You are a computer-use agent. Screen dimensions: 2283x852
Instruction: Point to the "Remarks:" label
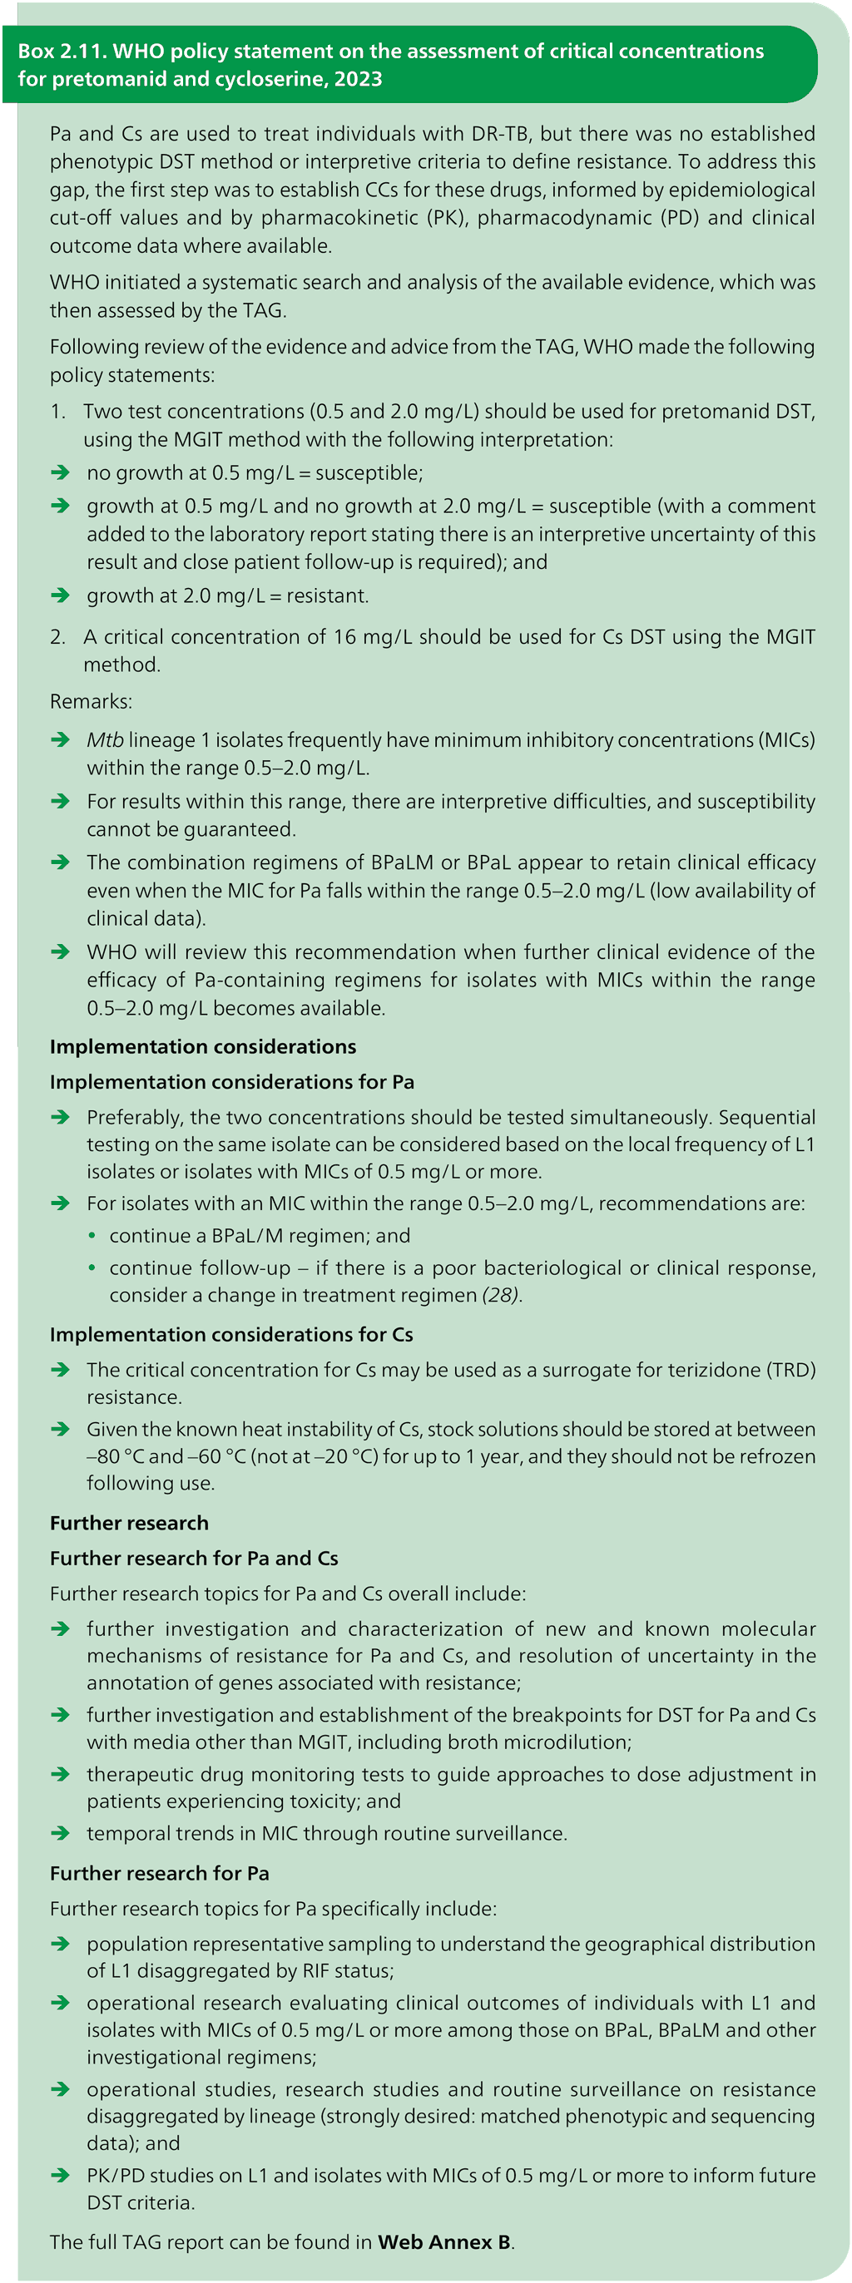tap(91, 701)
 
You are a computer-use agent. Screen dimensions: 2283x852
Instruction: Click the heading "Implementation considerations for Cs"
tap(231, 1334)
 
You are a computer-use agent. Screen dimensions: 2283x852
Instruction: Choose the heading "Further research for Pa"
tap(160, 1873)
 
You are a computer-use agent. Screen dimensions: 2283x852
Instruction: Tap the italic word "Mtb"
tap(105, 740)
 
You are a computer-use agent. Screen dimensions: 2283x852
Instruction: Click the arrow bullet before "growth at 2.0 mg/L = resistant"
tap(60, 595)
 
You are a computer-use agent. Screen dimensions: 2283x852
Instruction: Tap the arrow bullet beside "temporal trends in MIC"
tap(60, 1832)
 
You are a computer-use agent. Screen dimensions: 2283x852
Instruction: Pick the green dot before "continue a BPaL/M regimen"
tap(92, 1235)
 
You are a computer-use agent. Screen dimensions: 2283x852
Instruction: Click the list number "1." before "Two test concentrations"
tap(57, 411)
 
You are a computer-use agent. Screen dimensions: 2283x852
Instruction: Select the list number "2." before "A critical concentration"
tap(57, 636)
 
